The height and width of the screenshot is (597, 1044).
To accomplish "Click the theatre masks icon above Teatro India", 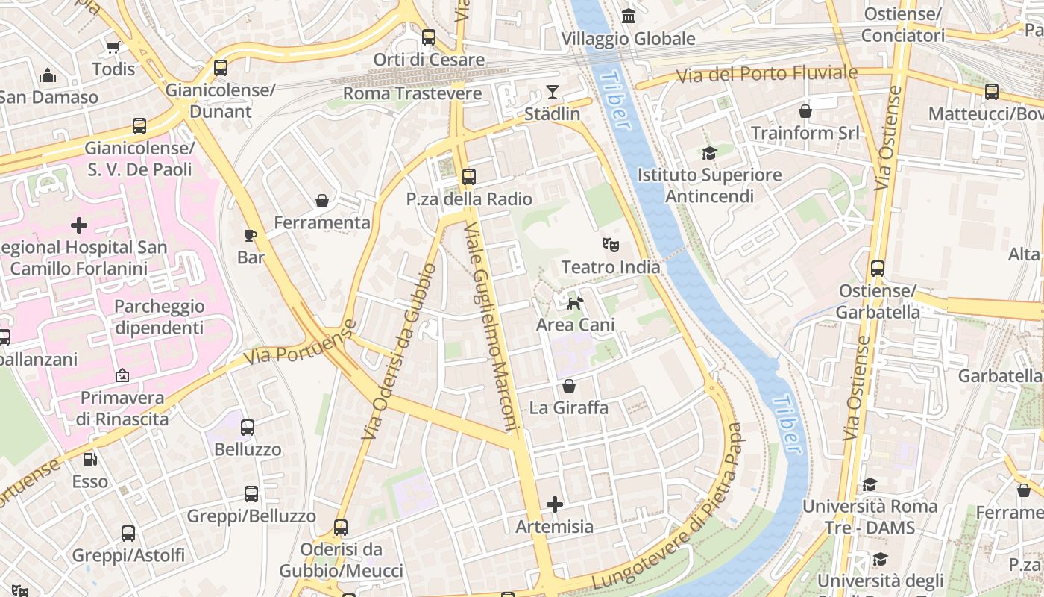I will click(611, 244).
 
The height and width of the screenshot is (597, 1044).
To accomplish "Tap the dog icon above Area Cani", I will click(575, 302).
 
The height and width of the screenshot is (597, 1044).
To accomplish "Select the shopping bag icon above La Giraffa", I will click(569, 386).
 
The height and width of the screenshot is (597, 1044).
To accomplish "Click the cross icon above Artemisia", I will click(555, 504).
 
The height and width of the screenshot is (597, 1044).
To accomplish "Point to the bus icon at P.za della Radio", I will click(468, 177).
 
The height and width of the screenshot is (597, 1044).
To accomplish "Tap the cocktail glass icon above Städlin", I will click(552, 92).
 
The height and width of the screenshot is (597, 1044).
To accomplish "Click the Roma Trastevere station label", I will click(412, 93).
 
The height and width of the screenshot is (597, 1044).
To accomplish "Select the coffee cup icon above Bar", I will click(251, 235).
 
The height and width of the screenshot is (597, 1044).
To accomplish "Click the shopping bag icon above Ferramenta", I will click(322, 201).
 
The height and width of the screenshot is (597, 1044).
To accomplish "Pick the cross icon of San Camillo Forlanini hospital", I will click(79, 225).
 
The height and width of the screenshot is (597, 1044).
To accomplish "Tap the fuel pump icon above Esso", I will click(89, 460).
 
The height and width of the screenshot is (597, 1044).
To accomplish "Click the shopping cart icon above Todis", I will click(113, 47).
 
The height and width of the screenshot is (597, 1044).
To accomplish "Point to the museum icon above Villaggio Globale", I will click(629, 16).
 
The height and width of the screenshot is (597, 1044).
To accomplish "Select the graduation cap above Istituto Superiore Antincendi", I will click(709, 153).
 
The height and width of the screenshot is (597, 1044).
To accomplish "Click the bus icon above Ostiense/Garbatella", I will click(878, 269).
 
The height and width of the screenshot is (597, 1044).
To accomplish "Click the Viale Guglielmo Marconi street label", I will click(491, 326).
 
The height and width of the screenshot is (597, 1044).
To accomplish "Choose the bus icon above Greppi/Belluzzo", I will click(251, 494).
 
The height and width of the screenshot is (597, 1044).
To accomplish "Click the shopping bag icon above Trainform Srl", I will click(805, 111).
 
